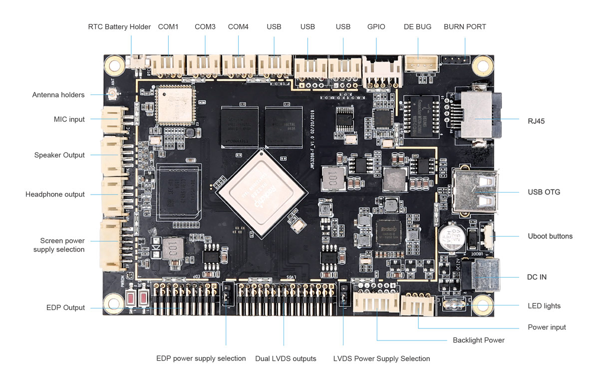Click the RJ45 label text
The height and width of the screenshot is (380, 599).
(x=536, y=120)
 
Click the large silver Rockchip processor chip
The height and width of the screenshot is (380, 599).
(x=261, y=192)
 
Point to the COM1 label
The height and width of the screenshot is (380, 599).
(x=168, y=26)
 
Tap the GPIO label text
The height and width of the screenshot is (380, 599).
(x=376, y=26)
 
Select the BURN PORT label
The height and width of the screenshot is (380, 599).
(x=465, y=26)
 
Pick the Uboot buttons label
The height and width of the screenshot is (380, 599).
(x=550, y=236)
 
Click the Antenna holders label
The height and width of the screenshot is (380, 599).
(x=58, y=94)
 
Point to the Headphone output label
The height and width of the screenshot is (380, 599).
(x=55, y=194)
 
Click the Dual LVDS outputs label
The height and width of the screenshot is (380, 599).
(x=286, y=358)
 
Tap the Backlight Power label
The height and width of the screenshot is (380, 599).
(x=478, y=340)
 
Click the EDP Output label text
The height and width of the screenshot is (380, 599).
(x=65, y=307)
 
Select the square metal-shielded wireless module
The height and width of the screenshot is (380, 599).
(x=173, y=105)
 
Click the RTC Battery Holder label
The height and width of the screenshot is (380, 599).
(x=119, y=26)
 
